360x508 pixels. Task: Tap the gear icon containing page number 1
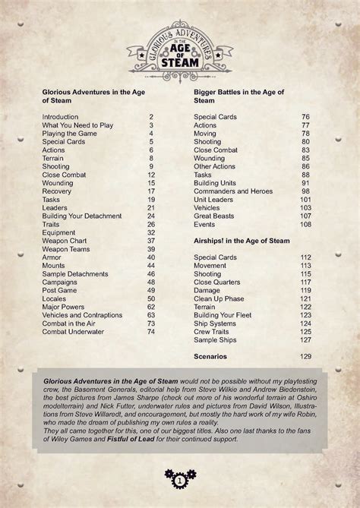point(179,481)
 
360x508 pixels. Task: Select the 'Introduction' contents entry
point(61,116)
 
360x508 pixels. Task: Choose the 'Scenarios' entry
point(212,356)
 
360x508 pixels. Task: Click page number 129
point(305,356)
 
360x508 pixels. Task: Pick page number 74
point(150,331)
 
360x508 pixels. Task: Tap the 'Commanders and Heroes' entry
point(232,191)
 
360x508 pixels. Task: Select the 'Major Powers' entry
point(65,307)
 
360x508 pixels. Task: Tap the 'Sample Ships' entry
point(216,339)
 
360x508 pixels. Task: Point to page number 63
point(150,314)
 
